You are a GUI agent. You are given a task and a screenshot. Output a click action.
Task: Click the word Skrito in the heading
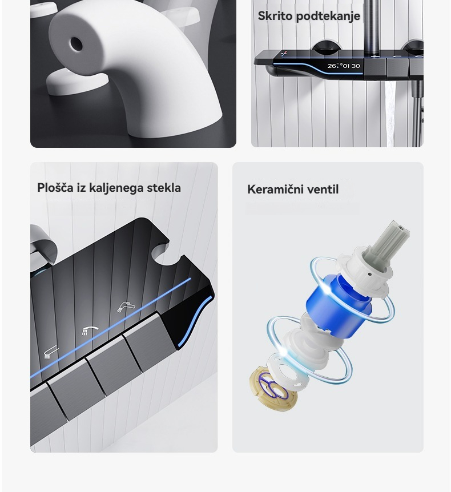point(275,15)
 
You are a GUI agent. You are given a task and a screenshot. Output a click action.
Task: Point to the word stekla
point(164,188)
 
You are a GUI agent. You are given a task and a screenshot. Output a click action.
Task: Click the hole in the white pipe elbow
point(76,45)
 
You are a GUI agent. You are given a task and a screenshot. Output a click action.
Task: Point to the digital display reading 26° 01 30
point(344,66)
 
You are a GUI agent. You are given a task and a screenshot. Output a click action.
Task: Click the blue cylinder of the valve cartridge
point(340,301)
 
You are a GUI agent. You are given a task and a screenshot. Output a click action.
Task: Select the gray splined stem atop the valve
point(390,243)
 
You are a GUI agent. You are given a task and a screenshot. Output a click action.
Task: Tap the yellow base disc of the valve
point(273,388)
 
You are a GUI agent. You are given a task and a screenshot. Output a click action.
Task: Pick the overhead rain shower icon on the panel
point(90,330)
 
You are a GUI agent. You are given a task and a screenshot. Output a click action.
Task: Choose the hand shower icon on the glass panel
point(51,352)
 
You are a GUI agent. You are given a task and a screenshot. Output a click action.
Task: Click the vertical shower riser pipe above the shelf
point(372,27)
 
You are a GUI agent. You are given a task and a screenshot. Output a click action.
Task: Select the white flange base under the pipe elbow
point(77,82)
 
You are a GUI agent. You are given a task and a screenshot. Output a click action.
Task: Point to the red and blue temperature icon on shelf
point(284,54)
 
